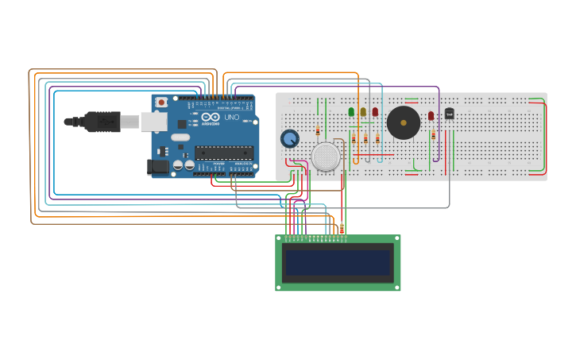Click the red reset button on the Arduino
tap(161, 102)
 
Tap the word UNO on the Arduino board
tap(231, 117)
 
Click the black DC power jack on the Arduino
tap(158, 166)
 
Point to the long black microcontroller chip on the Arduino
tap(224, 152)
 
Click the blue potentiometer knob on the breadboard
tap(289, 139)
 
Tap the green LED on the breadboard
tap(351, 112)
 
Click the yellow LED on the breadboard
tap(363, 112)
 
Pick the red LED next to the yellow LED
tap(375, 112)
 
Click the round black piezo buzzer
tap(404, 122)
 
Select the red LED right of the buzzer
tap(431, 116)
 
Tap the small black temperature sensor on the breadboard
tap(449, 114)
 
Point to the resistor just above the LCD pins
tap(342, 229)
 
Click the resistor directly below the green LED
tap(354, 138)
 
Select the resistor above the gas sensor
tap(318, 130)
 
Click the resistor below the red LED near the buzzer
tap(434, 134)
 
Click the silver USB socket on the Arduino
tap(153, 122)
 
